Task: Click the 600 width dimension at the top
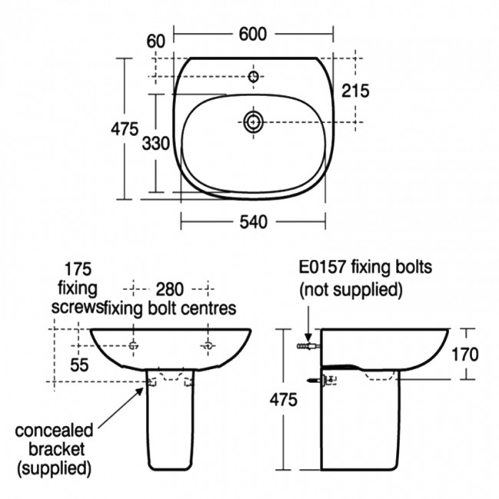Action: pyautogui.click(x=253, y=34)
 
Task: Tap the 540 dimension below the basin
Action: pyautogui.click(x=253, y=222)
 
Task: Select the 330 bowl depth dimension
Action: pyautogui.click(x=156, y=144)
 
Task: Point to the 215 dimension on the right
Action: pyautogui.click(x=355, y=91)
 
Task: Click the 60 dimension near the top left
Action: pyautogui.click(x=156, y=41)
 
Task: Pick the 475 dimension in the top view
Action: pyautogui.click(x=124, y=129)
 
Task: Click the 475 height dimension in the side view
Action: pyautogui.click(x=283, y=399)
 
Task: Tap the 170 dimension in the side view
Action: pyautogui.click(x=465, y=355)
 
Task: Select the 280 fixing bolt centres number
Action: pyautogui.click(x=170, y=289)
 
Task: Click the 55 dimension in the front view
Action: pyautogui.click(x=79, y=365)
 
